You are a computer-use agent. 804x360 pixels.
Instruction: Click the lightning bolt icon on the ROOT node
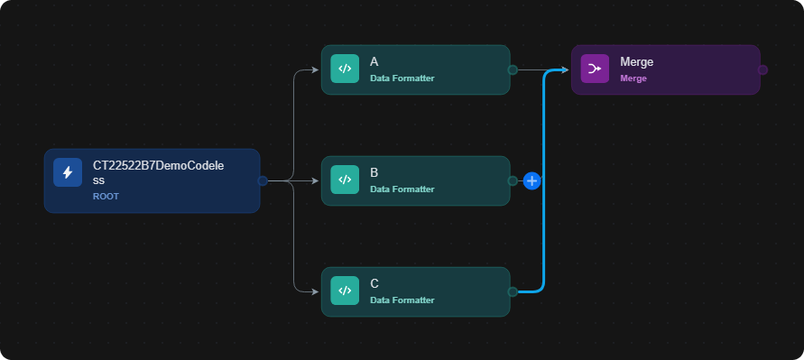click(68, 172)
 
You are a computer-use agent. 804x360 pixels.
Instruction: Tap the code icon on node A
click(345, 69)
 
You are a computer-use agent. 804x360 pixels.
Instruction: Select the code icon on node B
click(345, 180)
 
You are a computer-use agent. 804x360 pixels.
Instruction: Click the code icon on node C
click(345, 291)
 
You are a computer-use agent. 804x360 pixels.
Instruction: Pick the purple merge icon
click(595, 69)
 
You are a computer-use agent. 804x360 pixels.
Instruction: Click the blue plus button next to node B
click(532, 181)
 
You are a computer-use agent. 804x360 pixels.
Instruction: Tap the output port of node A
click(513, 69)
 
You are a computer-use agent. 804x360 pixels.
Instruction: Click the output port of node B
click(513, 180)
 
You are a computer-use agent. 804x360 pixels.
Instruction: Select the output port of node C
click(513, 291)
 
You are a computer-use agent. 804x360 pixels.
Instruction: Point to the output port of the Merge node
click(762, 69)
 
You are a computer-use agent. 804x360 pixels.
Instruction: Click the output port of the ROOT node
click(263, 180)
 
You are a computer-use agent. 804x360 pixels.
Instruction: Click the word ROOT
click(106, 197)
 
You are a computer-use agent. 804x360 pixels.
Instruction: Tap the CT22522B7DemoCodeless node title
click(159, 173)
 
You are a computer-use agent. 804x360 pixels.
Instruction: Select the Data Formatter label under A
click(402, 78)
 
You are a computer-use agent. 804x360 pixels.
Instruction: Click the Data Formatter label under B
click(402, 189)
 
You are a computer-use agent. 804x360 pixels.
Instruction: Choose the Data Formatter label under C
click(402, 300)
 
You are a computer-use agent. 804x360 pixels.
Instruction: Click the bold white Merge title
click(637, 62)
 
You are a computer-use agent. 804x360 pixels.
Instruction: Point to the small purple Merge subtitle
click(633, 78)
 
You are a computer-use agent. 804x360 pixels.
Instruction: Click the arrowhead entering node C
click(316, 291)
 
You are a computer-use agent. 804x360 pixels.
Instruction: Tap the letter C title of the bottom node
click(374, 283)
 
